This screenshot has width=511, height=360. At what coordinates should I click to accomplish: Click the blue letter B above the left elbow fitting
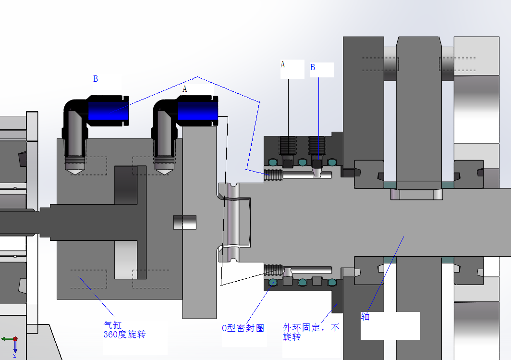click(x=96, y=79)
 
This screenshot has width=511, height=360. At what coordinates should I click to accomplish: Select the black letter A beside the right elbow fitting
click(x=185, y=89)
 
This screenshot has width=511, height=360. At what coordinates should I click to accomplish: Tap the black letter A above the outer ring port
click(x=282, y=64)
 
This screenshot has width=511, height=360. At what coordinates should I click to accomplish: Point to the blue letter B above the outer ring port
click(x=313, y=67)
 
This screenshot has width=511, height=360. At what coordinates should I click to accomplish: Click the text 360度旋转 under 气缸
click(x=124, y=334)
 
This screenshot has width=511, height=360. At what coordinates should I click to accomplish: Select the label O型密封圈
click(x=243, y=328)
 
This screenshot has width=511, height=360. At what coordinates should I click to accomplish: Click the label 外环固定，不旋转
click(x=311, y=332)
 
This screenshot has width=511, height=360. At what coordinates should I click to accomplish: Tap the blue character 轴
click(x=365, y=316)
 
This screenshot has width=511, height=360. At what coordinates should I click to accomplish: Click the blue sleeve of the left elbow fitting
click(x=108, y=111)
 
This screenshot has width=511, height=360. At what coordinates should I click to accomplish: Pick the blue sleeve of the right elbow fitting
click(x=198, y=111)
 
